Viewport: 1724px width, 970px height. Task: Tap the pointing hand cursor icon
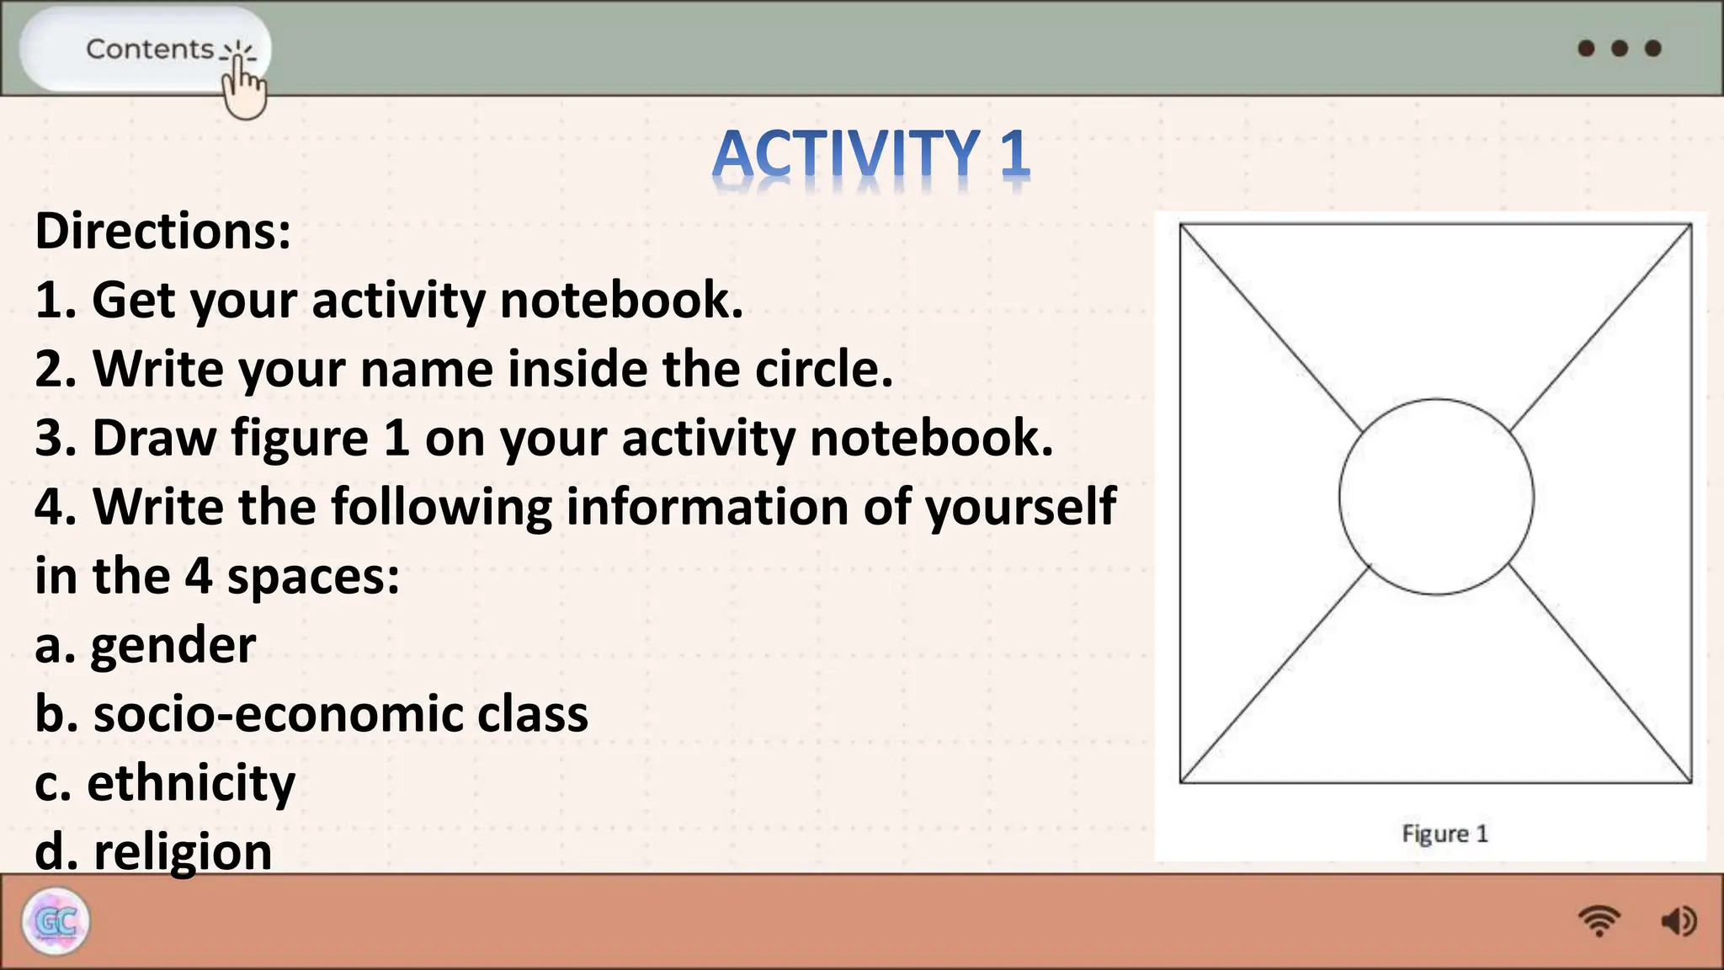point(243,91)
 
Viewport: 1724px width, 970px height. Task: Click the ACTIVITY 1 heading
point(870,155)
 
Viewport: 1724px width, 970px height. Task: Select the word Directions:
point(162,231)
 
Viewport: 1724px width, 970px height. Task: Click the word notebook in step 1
point(621,300)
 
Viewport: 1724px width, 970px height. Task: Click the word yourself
point(1020,507)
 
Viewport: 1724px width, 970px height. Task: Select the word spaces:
point(313,576)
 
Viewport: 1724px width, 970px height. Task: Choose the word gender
point(173,646)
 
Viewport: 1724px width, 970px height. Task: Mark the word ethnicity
point(191,783)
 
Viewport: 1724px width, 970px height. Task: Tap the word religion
point(183,851)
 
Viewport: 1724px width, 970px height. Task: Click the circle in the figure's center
point(1436,497)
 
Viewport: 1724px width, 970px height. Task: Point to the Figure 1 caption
point(1445,834)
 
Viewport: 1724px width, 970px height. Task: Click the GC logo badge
point(56,921)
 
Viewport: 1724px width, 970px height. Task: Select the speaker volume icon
point(1679,921)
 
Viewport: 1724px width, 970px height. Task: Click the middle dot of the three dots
point(1620,48)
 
